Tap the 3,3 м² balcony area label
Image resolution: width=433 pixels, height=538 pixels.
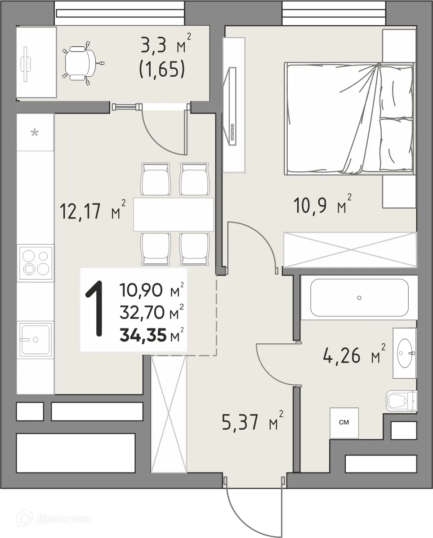[x=166, y=46]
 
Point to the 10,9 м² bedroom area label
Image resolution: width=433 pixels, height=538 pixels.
[x=322, y=205]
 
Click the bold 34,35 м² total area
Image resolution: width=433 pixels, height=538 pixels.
[x=152, y=335]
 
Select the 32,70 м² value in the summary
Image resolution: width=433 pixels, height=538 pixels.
[x=152, y=312]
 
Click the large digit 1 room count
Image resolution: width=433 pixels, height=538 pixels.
[x=94, y=308]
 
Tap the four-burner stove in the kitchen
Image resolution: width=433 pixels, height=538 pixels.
[x=36, y=262]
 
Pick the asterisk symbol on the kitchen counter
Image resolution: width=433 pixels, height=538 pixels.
[x=35, y=132]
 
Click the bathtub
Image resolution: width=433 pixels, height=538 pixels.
[x=359, y=297]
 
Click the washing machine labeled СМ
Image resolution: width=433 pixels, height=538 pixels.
[x=344, y=423]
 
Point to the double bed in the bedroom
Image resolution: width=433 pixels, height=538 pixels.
[x=349, y=119]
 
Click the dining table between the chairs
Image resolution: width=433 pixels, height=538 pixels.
[x=174, y=214]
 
